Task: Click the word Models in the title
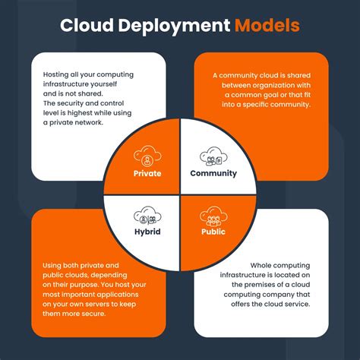[267, 26]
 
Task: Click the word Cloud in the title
[86, 26]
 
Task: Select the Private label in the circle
[147, 172]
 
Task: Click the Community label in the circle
[213, 172]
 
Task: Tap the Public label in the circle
[213, 231]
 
